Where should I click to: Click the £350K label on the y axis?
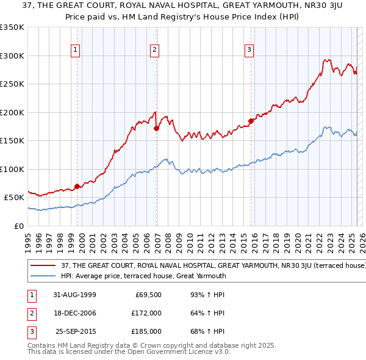(12, 27)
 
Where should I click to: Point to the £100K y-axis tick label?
(12, 169)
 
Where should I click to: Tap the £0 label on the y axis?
(18, 226)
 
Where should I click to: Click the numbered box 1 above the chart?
(75, 50)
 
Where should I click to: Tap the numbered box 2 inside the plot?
(155, 50)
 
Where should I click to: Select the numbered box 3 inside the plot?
(249, 50)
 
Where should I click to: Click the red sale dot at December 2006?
(157, 128)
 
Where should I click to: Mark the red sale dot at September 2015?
(251, 121)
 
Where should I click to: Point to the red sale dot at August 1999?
(77, 186)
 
